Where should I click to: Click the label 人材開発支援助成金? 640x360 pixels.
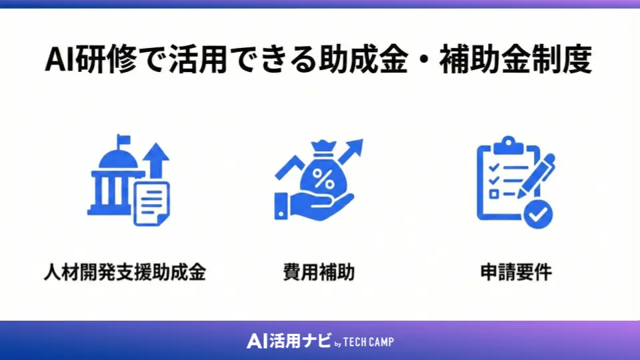(125, 273)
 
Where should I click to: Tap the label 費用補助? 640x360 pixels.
(319, 273)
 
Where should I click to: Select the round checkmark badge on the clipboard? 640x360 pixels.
(538, 214)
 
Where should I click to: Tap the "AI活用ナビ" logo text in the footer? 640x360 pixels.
(288, 341)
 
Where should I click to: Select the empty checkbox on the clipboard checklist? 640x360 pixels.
(494, 194)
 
